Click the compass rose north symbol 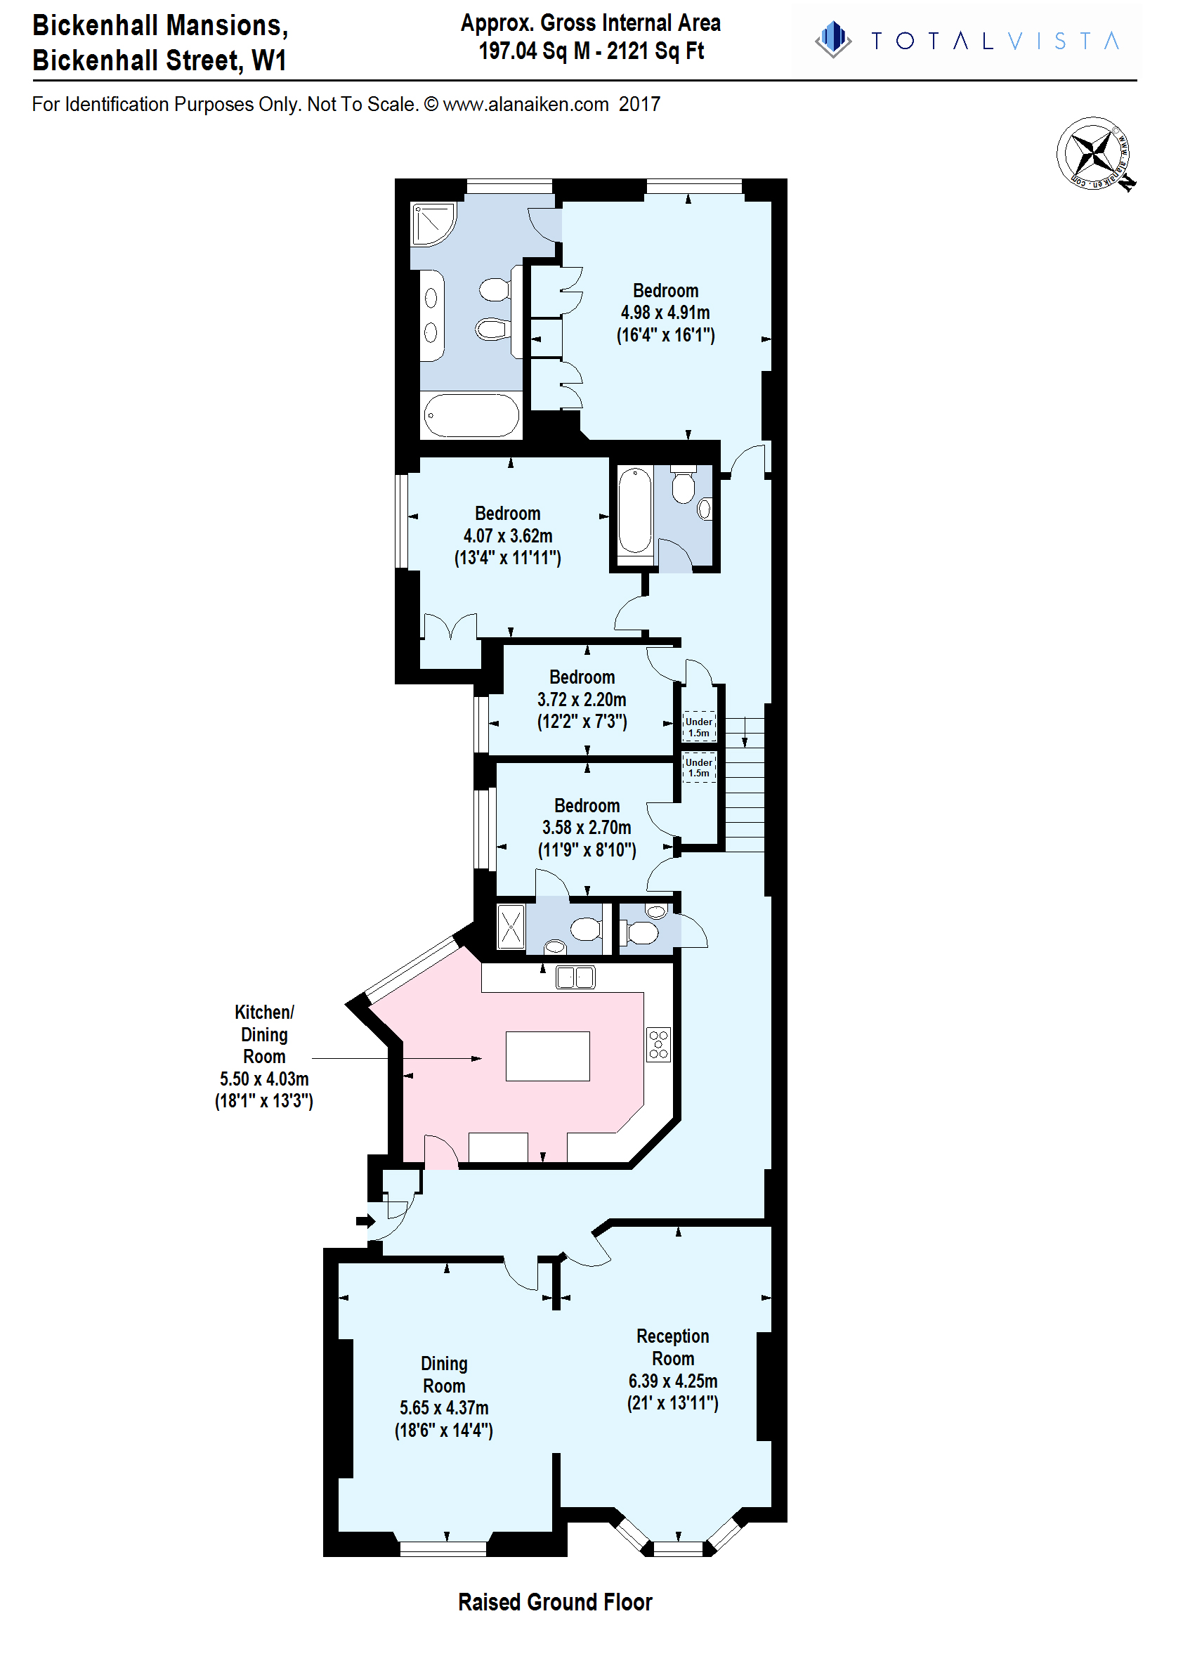coord(1096,155)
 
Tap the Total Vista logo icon coord(833,39)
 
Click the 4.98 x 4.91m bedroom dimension coord(665,313)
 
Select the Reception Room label coord(672,1347)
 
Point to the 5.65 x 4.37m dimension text coord(444,1407)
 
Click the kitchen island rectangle coord(548,1055)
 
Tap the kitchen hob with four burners coord(658,1044)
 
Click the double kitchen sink coord(575,977)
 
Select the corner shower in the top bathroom coord(434,223)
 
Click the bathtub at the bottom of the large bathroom coord(471,415)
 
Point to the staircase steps coord(744,785)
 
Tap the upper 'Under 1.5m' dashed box coord(699,727)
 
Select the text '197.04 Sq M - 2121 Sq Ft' coord(591,51)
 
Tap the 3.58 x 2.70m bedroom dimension coord(587,828)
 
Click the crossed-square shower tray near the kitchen coord(511,927)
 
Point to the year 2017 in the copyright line coord(639,104)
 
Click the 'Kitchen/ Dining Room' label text coord(263,1034)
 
